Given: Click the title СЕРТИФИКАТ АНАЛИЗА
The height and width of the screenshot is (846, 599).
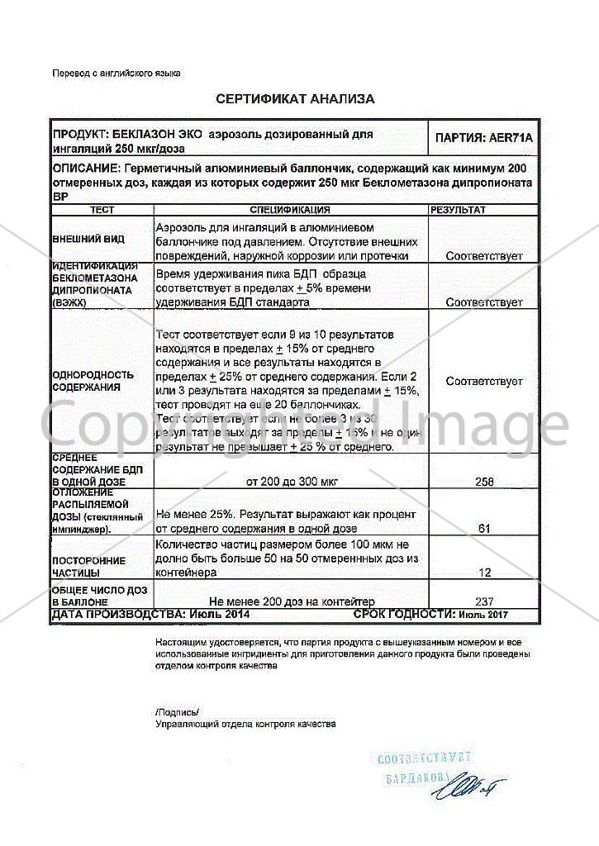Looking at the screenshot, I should click(295, 99).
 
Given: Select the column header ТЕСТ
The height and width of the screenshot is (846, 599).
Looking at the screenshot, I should click(102, 211).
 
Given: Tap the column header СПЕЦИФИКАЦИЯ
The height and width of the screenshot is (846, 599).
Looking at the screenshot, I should click(289, 211).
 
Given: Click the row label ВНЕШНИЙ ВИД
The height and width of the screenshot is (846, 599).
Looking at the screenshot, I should click(89, 239).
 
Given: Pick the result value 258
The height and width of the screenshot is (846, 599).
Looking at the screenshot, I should click(484, 481).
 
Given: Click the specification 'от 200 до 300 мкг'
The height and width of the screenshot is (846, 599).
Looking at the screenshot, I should click(292, 481).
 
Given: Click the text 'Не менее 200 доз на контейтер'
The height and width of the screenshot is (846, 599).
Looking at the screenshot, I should click(292, 601).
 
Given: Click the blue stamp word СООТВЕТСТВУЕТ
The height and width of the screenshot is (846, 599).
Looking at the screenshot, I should click(424, 758).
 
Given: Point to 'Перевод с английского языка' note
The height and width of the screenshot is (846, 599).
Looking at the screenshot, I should click(116, 74).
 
